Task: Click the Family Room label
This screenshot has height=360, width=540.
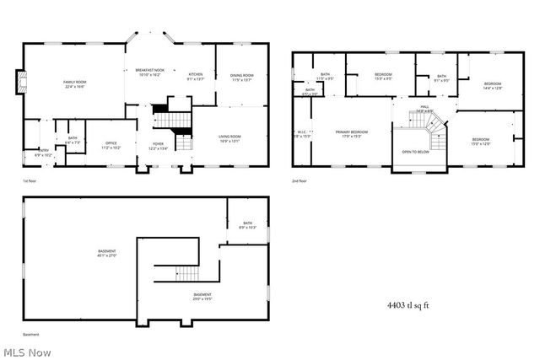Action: [75, 83]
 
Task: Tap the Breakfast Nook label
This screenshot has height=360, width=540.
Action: [149, 73]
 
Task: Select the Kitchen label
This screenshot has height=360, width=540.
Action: [196, 77]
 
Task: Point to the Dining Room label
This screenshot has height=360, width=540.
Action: [242, 78]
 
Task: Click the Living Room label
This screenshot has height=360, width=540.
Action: [230, 138]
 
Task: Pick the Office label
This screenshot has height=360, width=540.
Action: [111, 145]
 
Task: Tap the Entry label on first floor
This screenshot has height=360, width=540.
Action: [43, 153]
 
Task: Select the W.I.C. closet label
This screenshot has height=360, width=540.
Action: [303, 134]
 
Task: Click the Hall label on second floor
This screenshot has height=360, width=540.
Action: [424, 108]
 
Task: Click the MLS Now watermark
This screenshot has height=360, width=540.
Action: [26, 352]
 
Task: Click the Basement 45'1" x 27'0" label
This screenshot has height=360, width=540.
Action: [106, 253]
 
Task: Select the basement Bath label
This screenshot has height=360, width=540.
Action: [248, 225]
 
